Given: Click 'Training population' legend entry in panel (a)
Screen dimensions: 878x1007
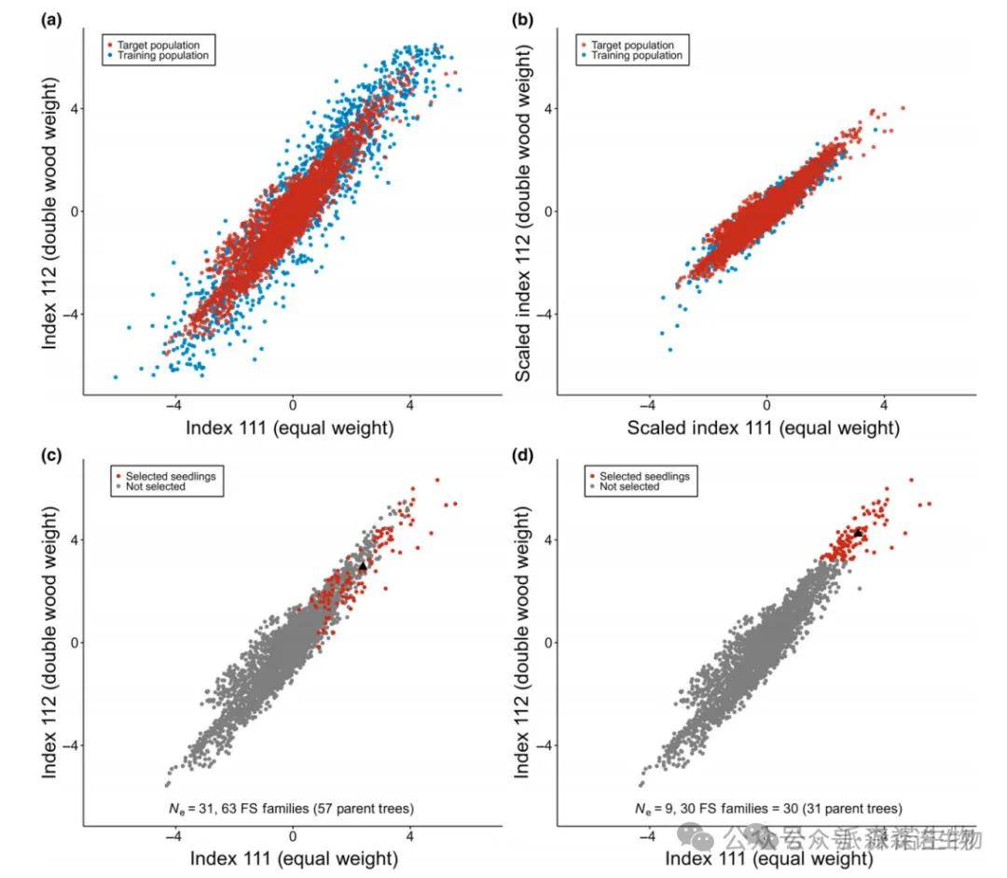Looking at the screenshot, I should coord(162,56).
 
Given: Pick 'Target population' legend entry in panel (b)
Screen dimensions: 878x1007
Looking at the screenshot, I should coord(634,44).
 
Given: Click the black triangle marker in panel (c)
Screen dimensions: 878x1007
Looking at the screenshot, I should coord(364,565).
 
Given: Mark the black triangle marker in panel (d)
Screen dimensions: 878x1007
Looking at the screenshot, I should coord(858,533).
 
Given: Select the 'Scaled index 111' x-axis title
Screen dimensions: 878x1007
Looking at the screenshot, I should coord(764,427).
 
